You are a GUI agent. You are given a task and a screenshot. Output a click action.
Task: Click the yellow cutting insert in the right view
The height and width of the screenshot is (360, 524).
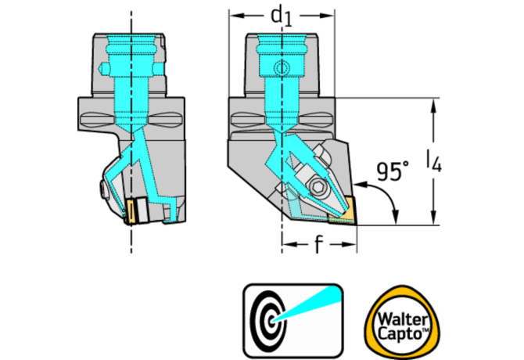tap(344, 212)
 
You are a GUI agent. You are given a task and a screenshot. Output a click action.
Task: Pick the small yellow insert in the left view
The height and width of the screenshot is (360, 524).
tap(133, 212)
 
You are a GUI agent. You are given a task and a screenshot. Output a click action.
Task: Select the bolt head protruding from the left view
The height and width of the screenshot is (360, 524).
tap(102, 190)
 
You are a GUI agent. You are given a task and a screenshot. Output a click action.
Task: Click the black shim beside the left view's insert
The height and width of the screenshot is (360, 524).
tap(143, 212)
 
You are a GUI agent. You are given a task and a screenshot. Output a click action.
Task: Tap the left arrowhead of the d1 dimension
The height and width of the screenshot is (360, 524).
tap(232, 15)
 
